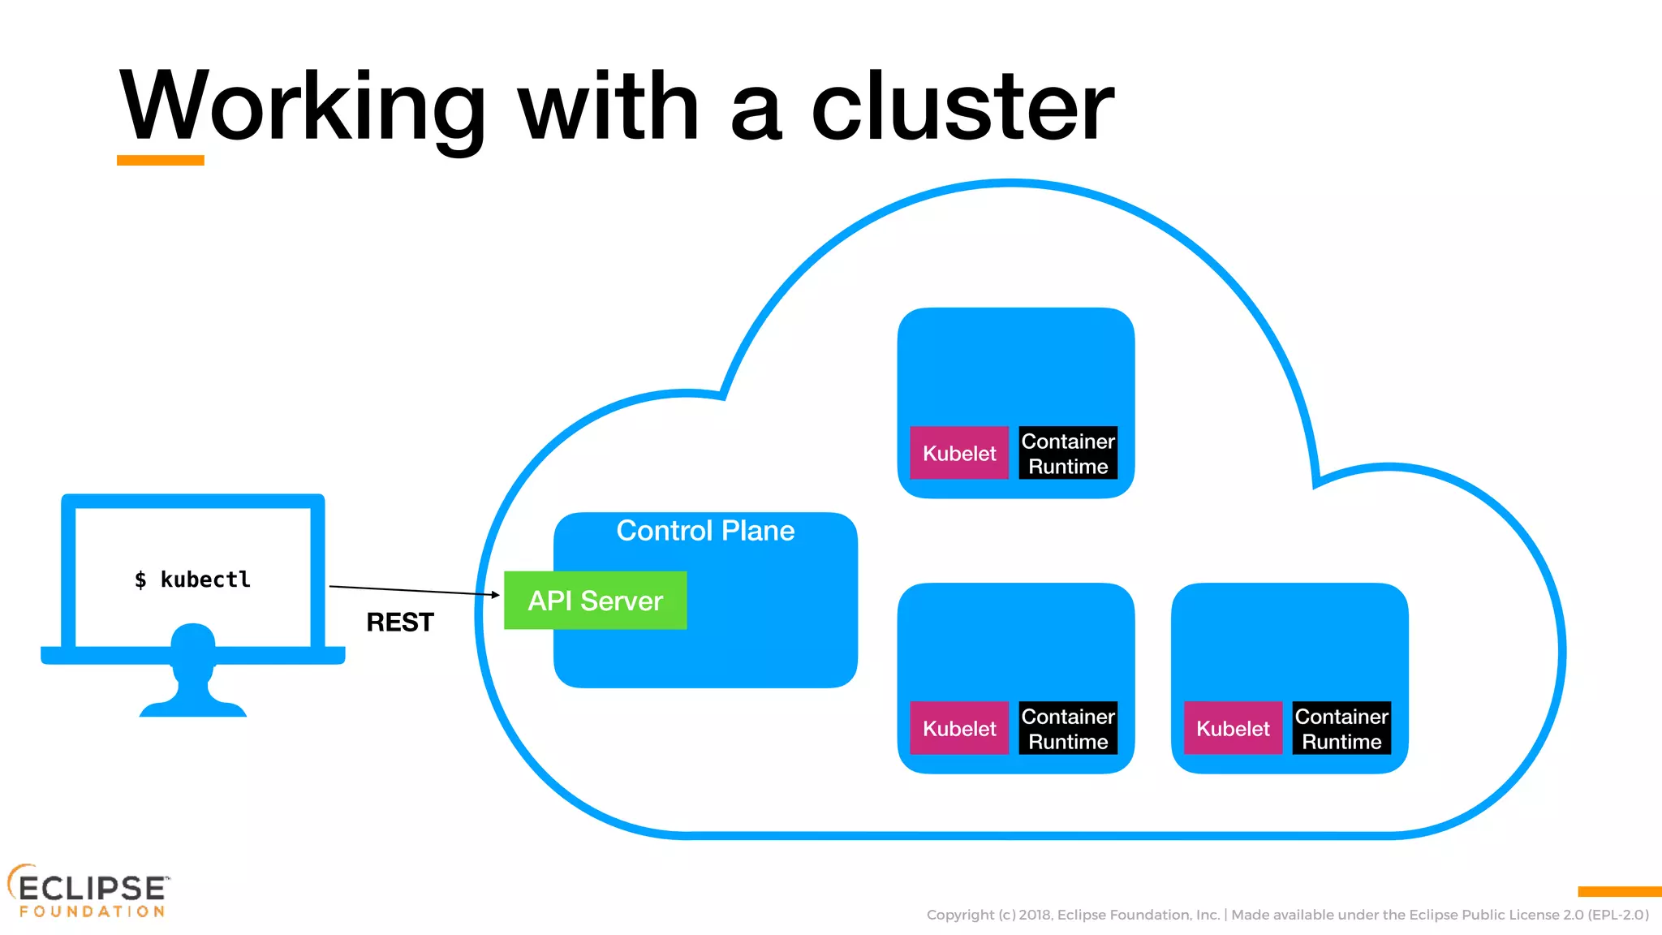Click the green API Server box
click(595, 601)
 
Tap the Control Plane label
click(705, 531)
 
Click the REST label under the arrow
click(400, 623)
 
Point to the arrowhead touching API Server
click(496, 595)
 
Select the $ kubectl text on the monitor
click(193, 580)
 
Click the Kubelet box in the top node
click(959, 453)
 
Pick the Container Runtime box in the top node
click(1068, 453)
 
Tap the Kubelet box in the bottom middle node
click(959, 728)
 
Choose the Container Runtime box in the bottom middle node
click(1068, 728)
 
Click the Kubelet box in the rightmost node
click(1233, 728)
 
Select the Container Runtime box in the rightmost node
click(1341, 728)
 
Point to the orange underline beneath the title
click(161, 161)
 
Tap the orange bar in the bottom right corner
click(1619, 892)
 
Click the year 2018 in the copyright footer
click(1035, 915)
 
